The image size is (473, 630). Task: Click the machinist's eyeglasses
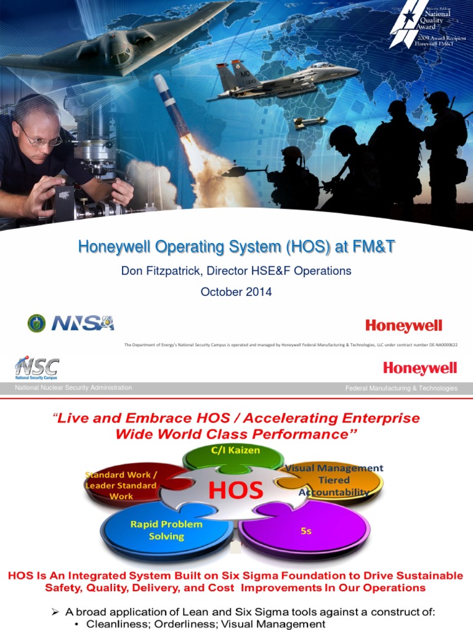pyautogui.click(x=43, y=138)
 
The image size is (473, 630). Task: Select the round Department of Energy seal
pyautogui.click(x=37, y=323)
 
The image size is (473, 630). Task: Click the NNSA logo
pyautogui.click(x=83, y=323)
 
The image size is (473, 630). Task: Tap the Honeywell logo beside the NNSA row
pyautogui.click(x=403, y=326)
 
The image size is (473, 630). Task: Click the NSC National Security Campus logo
pyautogui.click(x=37, y=369)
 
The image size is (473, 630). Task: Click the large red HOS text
pyautogui.click(x=235, y=490)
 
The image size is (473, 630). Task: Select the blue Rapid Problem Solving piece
pyautogui.click(x=166, y=530)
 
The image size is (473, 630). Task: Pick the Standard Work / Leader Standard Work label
pyautogui.click(x=121, y=485)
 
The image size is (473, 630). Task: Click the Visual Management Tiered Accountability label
pyautogui.click(x=334, y=480)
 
